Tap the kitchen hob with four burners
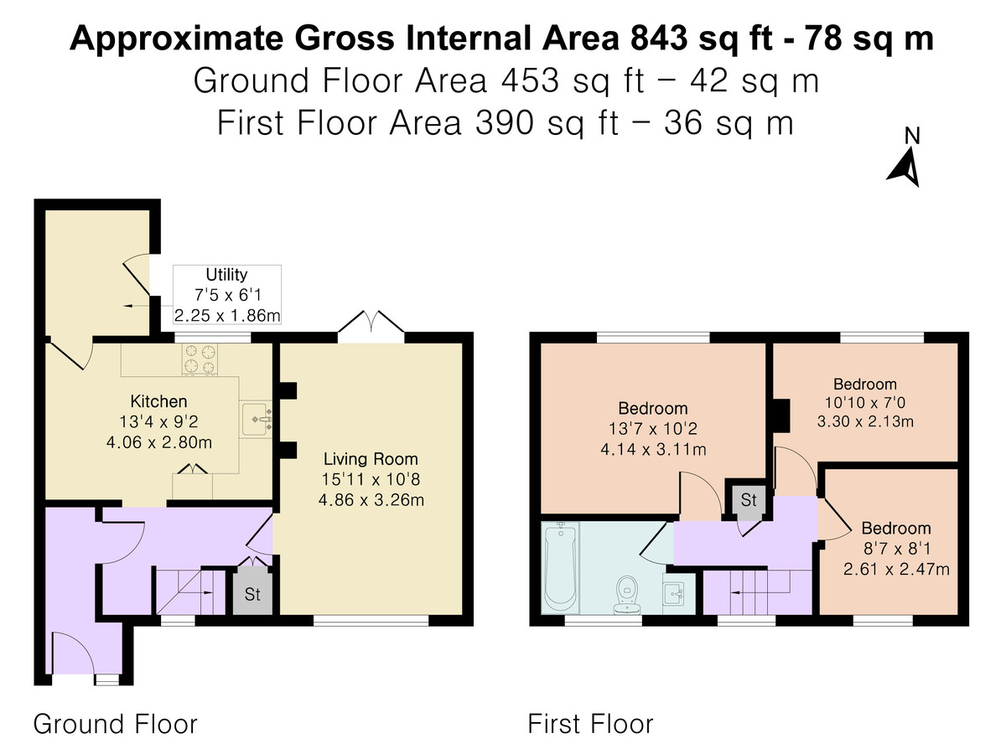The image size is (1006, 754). point(200,359)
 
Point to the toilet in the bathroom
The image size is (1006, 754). point(626,595)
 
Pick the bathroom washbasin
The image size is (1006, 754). point(674,594)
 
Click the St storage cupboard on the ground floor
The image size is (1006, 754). point(252,594)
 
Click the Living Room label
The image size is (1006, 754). point(371,459)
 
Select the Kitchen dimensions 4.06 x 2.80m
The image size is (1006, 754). point(159,442)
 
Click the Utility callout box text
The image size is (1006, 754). point(227,295)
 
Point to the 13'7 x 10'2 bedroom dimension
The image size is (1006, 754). point(653,429)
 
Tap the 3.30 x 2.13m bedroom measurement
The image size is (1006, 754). point(865,421)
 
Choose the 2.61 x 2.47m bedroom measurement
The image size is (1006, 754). point(896,569)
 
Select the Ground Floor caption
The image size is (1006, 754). point(115,724)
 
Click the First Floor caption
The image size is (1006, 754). point(590,724)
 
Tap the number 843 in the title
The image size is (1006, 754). point(659,39)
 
